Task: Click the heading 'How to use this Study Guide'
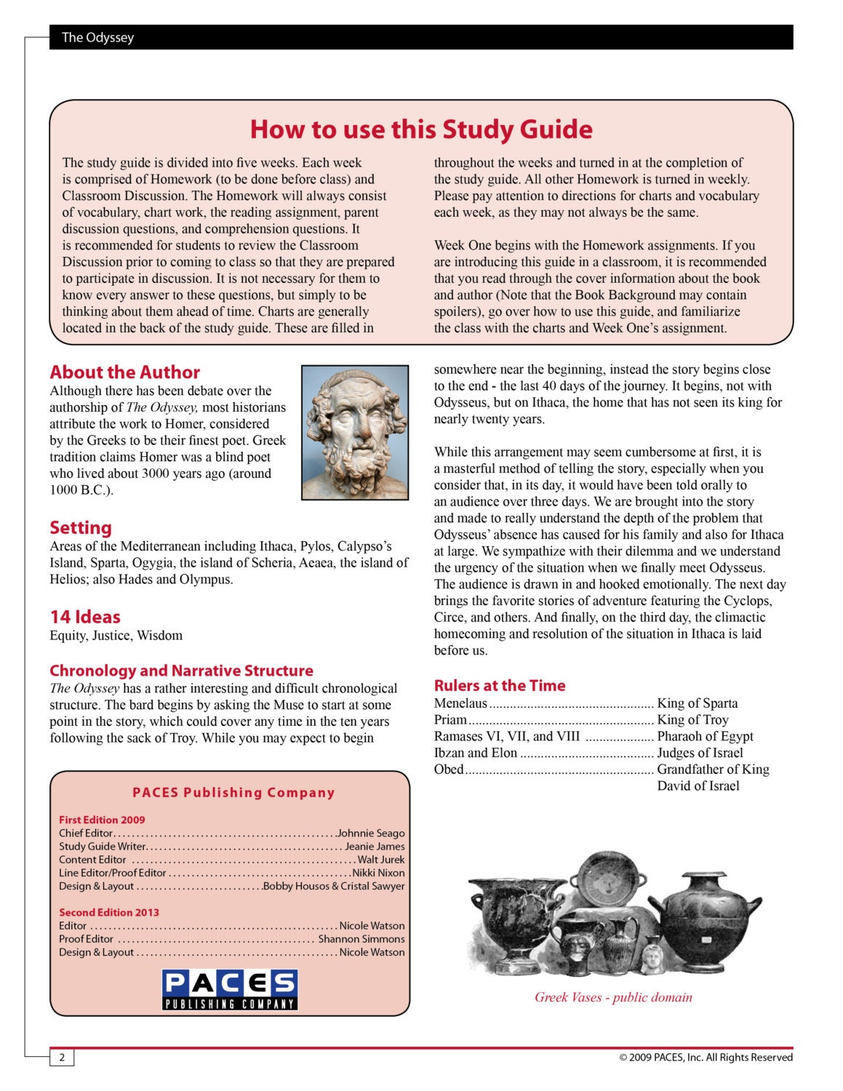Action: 421,129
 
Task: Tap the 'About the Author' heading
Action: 124,372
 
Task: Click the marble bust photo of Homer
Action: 355,433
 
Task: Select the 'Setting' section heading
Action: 81,528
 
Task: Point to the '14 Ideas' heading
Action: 85,617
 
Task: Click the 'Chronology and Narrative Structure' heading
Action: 181,671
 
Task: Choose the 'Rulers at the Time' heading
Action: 499,685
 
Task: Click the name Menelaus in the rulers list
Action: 460,703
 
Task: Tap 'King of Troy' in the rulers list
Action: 692,720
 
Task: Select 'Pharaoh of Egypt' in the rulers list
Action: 705,736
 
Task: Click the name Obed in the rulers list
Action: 448,770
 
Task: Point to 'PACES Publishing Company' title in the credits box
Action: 233,793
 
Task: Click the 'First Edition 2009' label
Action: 102,820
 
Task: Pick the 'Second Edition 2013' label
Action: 109,912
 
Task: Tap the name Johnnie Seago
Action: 371,834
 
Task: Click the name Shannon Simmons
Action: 361,939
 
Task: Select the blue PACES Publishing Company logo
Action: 230,989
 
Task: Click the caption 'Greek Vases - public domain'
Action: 613,997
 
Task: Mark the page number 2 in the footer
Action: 62,1058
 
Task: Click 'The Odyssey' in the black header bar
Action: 97,37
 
